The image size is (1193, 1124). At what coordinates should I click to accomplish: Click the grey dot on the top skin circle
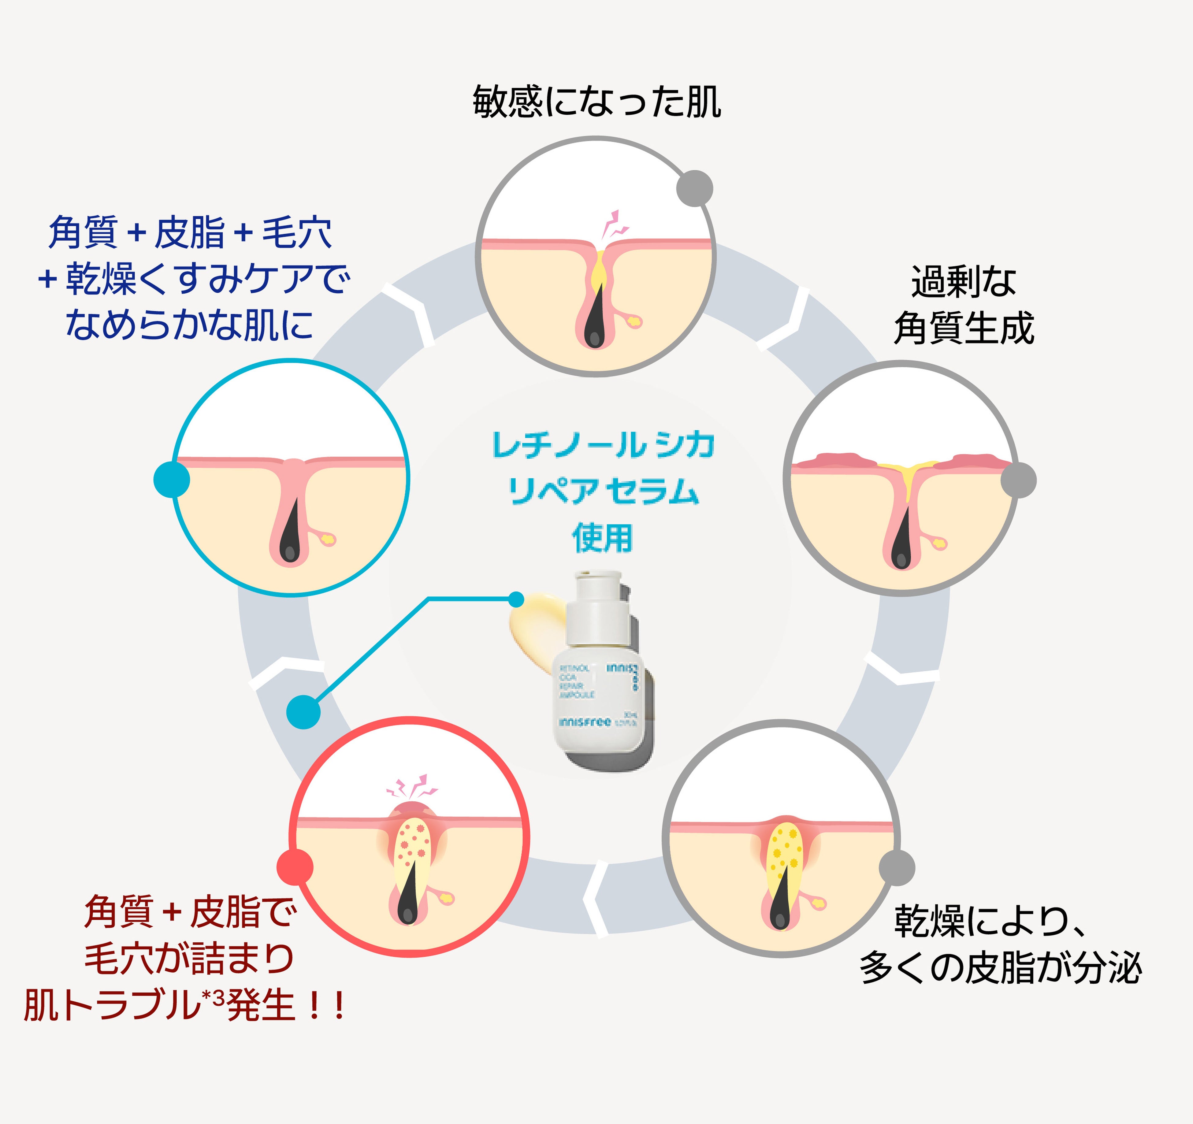pos(694,188)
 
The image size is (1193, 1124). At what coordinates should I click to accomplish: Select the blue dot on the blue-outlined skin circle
pos(172,480)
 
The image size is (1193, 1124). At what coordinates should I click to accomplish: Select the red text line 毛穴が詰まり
pos(189,958)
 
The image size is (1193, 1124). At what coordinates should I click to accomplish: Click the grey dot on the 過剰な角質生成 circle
pos(1018,480)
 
